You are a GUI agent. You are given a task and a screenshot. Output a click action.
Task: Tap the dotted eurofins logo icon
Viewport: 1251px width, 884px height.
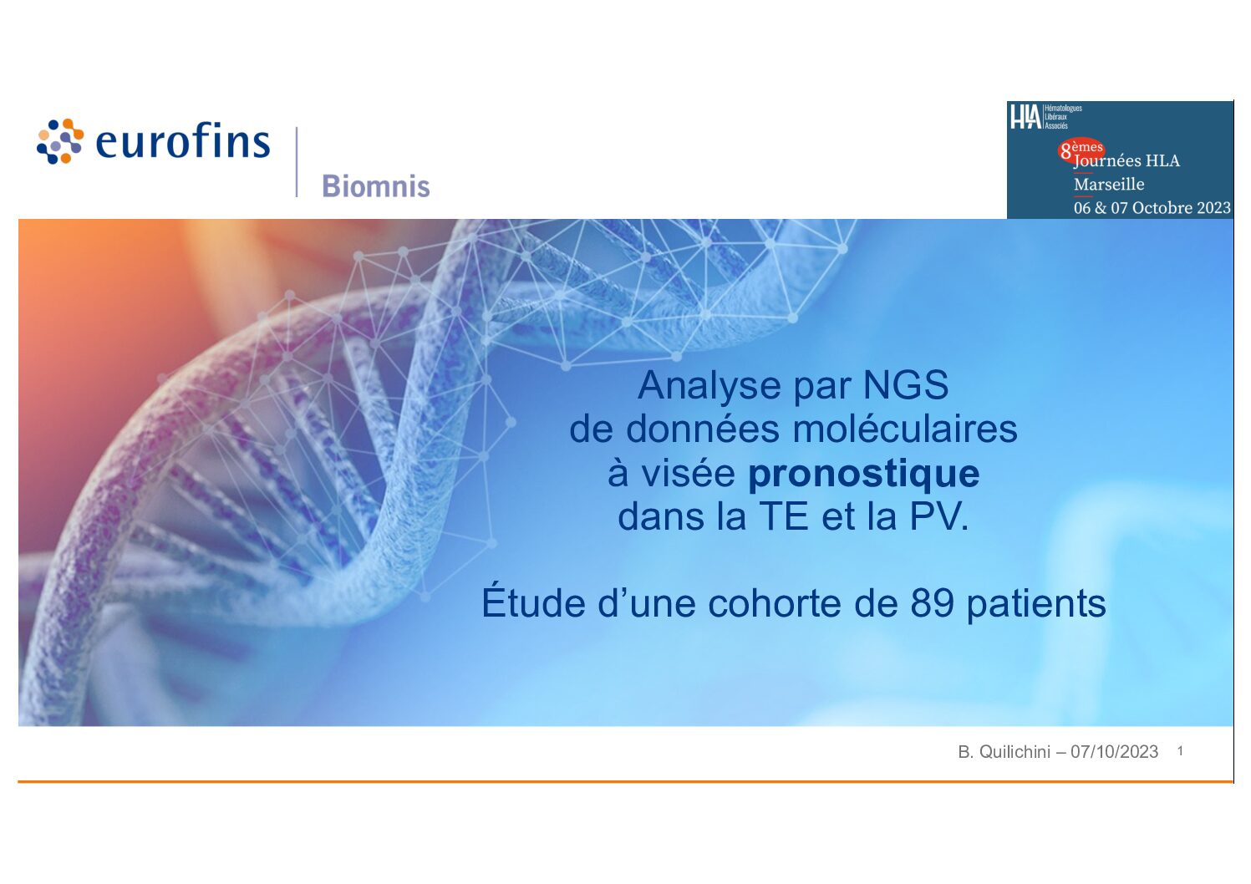point(60,141)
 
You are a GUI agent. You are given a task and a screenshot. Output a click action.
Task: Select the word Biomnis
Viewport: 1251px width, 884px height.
point(376,186)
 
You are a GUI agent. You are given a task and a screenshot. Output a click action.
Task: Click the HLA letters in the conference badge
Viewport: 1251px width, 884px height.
point(1026,117)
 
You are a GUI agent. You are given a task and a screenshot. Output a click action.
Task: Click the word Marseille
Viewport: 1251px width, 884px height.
point(1109,184)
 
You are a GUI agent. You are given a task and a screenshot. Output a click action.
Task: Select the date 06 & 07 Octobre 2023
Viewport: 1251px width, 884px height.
point(1152,208)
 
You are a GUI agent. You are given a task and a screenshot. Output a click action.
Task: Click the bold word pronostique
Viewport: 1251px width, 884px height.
point(863,475)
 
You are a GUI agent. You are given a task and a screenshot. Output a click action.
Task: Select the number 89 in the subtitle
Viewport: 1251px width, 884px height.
point(932,603)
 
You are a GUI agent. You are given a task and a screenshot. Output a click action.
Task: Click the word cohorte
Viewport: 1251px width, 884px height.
point(774,603)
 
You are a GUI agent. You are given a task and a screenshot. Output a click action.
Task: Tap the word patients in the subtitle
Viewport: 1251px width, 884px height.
point(1036,605)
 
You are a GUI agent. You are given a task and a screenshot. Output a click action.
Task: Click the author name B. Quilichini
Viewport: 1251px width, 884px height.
point(1004,752)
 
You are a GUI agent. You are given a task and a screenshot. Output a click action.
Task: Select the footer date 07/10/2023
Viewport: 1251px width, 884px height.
point(1114,752)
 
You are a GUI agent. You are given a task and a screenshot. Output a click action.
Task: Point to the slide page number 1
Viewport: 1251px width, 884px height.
point(1180,751)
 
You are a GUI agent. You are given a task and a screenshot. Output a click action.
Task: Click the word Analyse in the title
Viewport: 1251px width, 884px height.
point(709,386)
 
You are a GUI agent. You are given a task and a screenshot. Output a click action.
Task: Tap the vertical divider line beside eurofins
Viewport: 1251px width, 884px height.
point(297,162)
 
